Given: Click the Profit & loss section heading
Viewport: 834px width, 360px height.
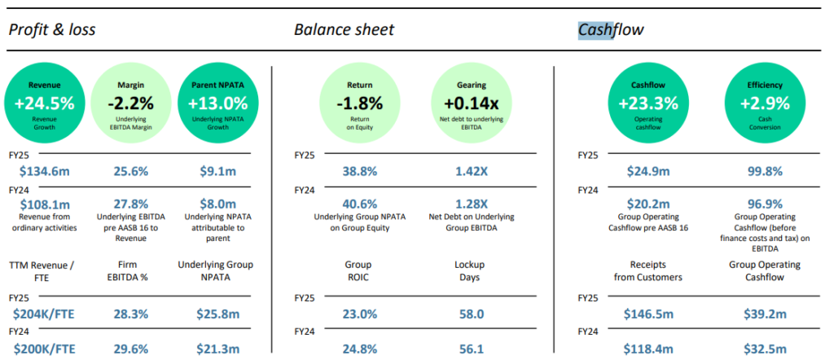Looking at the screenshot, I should click(x=52, y=30).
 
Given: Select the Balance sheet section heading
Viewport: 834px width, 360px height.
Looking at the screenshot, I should click(x=344, y=30).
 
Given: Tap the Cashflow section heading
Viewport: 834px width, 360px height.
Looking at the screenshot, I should click(x=612, y=30).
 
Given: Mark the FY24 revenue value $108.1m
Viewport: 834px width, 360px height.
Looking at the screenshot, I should click(x=45, y=204).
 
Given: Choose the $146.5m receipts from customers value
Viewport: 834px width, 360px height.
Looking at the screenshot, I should click(x=647, y=314).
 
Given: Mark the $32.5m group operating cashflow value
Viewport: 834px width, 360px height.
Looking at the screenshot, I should click(x=753, y=349).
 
